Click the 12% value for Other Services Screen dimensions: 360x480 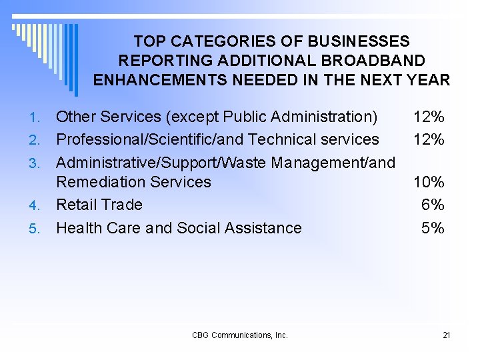coord(429,117)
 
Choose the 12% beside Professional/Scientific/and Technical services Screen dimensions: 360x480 coord(429,139)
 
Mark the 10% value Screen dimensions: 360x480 coord(429,182)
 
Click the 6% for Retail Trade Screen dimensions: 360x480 coord(433,205)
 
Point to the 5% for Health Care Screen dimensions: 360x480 coord(433,228)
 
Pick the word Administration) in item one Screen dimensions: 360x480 coord(328,117)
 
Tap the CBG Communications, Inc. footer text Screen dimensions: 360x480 coord(240,335)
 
